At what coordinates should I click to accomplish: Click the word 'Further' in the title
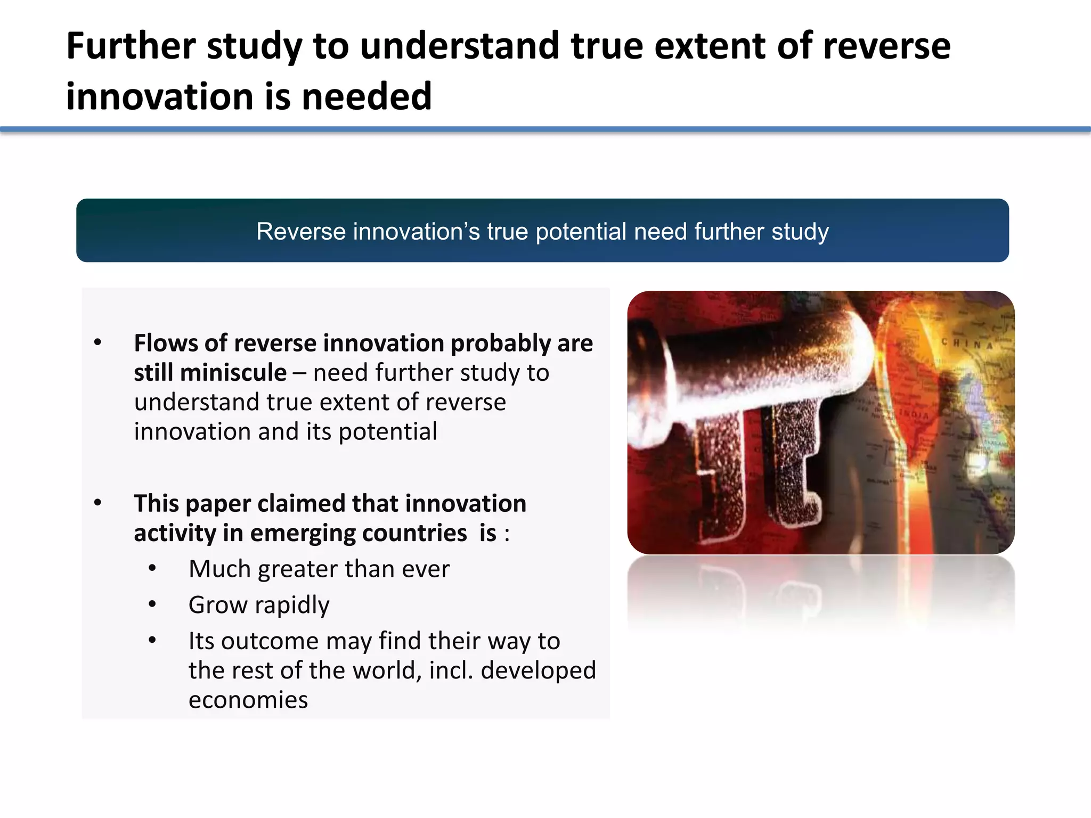pos(131,46)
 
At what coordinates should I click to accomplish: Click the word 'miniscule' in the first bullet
pos(233,372)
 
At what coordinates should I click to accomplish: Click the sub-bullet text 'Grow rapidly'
pos(259,605)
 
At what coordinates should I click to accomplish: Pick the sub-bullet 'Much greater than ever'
pos(319,569)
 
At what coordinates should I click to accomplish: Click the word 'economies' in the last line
pos(248,700)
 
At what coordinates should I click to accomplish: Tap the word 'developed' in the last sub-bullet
pos(538,670)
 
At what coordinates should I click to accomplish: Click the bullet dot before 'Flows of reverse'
pos(97,342)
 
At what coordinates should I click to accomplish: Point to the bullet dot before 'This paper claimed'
pos(97,503)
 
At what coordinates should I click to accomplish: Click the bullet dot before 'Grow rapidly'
pos(152,604)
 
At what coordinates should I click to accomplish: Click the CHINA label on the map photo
pos(967,343)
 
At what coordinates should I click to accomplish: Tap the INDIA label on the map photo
pos(914,414)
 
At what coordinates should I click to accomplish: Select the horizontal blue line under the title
pos(545,129)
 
